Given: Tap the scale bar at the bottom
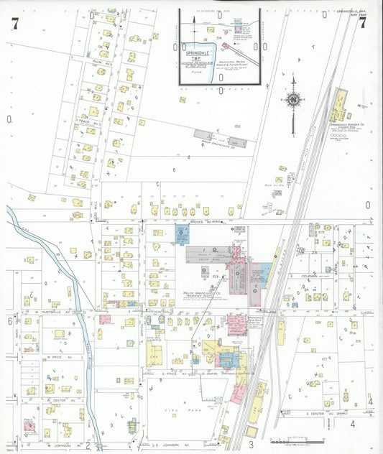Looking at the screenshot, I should tap(295, 439).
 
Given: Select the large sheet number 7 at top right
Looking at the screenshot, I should tap(363, 22).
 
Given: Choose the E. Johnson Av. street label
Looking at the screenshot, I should tap(164, 435).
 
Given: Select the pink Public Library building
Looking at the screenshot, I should tap(29, 427).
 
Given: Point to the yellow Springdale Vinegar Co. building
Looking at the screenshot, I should tap(336, 107).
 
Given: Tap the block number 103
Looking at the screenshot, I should tap(216, 275).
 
